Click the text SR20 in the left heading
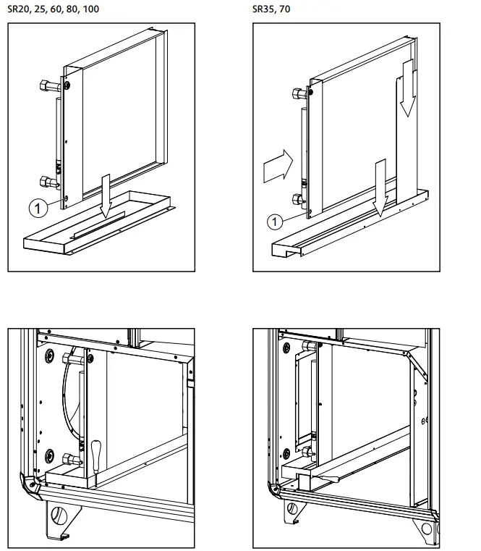pos(18,9)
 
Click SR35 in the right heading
pos(263,9)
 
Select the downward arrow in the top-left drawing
pos(106,195)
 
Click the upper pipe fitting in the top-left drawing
pos(48,85)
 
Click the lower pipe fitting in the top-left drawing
pos(46,182)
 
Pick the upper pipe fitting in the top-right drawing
pos(297,93)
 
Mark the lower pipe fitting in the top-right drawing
pos(297,199)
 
